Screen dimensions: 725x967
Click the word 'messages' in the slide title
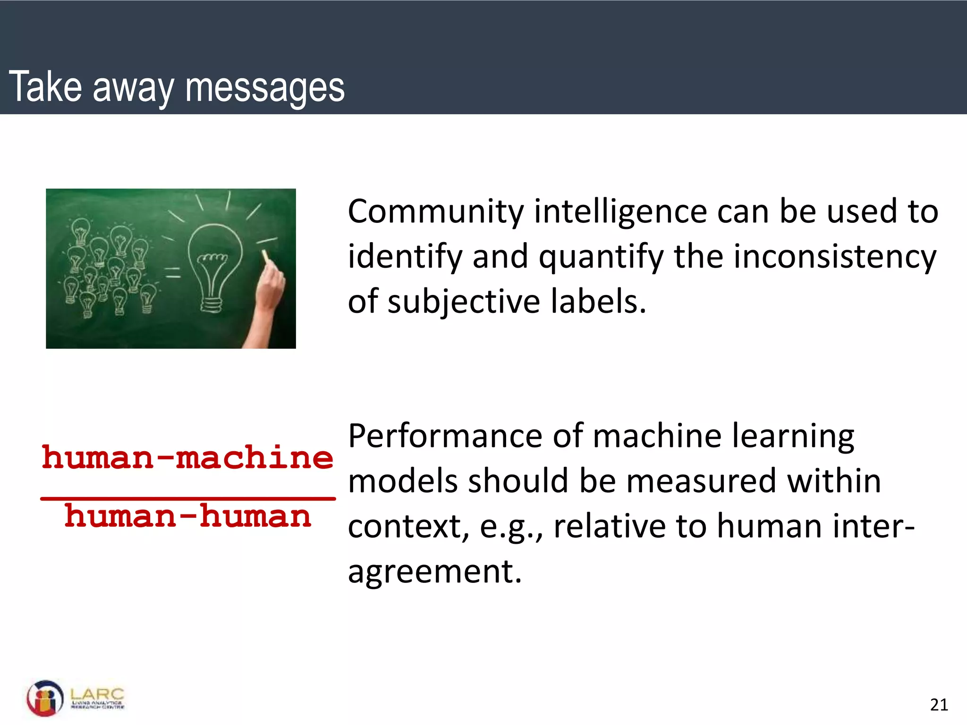(265, 87)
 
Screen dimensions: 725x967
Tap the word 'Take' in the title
(45, 86)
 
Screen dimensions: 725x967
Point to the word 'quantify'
(601, 257)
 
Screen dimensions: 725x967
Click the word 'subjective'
(464, 302)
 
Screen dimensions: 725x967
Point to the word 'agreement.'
(434, 572)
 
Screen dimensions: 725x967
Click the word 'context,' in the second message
(409, 526)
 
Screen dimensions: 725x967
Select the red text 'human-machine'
(187, 458)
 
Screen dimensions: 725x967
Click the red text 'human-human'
(187, 516)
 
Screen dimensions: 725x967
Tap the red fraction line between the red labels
(187, 498)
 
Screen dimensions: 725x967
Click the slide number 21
(939, 705)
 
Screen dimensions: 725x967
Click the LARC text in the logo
(97, 694)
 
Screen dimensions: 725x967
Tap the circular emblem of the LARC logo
(45, 698)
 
